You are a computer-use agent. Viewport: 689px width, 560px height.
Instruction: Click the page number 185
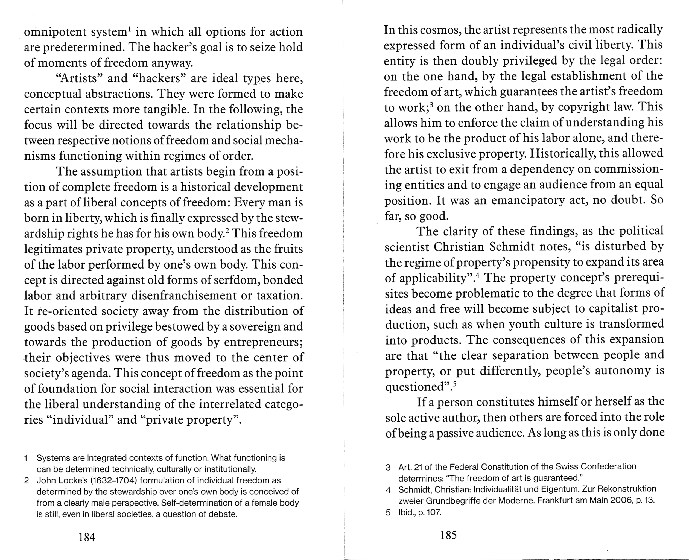coord(448,535)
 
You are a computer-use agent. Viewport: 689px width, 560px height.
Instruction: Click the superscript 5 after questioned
coord(455,384)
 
